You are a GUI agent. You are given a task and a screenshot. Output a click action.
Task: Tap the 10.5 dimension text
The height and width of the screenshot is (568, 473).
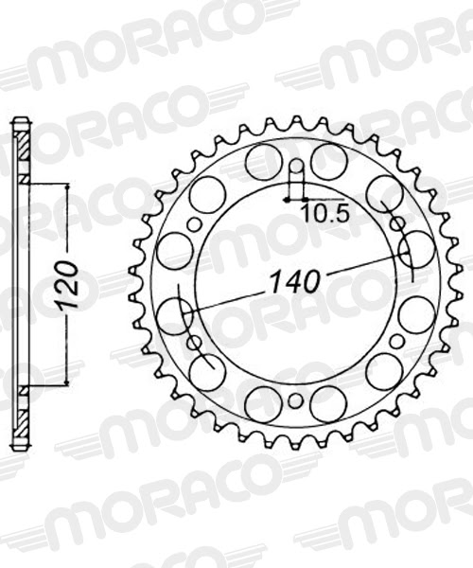pyautogui.click(x=324, y=213)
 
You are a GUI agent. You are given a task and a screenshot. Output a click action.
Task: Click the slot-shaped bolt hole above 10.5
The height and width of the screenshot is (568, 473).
pyautogui.click(x=295, y=179)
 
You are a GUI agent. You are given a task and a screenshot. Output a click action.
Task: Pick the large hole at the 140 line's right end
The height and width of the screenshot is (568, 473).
pyautogui.click(x=416, y=251)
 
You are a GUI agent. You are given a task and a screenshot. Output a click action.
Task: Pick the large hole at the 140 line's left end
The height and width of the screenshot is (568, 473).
pyautogui.click(x=175, y=315)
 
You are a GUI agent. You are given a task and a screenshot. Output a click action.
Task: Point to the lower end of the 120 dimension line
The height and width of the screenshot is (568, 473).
pyautogui.click(x=68, y=384)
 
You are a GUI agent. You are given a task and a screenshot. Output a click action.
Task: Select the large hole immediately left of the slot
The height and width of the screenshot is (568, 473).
pyautogui.click(x=263, y=162)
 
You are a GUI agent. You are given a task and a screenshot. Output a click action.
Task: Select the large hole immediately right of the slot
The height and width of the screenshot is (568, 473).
pyautogui.click(x=327, y=162)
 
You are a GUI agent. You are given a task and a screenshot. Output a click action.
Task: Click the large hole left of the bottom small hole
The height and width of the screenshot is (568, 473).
pyautogui.click(x=263, y=404)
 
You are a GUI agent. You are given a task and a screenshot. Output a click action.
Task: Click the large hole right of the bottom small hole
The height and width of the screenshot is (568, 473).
pyautogui.click(x=327, y=404)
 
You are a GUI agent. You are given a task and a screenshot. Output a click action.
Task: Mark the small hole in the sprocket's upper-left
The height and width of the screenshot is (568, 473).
pyautogui.click(x=195, y=224)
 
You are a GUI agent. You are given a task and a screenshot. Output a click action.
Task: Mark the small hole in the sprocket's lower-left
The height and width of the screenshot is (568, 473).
pyautogui.click(x=195, y=342)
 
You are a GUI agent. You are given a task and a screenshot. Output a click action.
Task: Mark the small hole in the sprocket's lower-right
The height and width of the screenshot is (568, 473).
pyautogui.click(x=397, y=342)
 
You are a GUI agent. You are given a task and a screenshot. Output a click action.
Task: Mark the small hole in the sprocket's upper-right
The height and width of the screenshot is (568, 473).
pyautogui.click(x=397, y=224)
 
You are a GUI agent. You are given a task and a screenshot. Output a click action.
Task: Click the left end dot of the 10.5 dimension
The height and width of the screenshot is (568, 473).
pyautogui.click(x=285, y=200)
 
